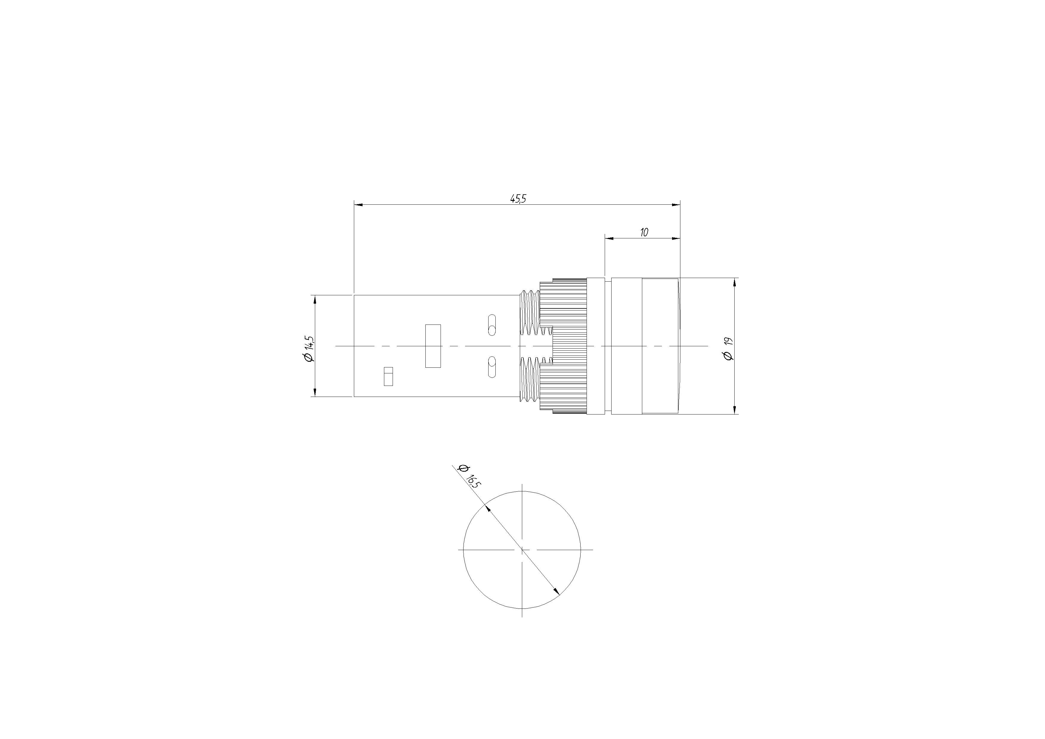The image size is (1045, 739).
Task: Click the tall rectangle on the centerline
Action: pos(433,346)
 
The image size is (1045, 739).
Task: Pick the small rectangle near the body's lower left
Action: pos(388,376)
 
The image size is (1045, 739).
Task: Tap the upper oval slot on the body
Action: pos(492,325)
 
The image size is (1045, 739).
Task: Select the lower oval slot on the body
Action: pos(492,367)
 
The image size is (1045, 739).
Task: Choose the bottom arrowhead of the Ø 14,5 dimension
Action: pos(315,392)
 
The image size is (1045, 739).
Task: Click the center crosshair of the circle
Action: pos(522,549)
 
